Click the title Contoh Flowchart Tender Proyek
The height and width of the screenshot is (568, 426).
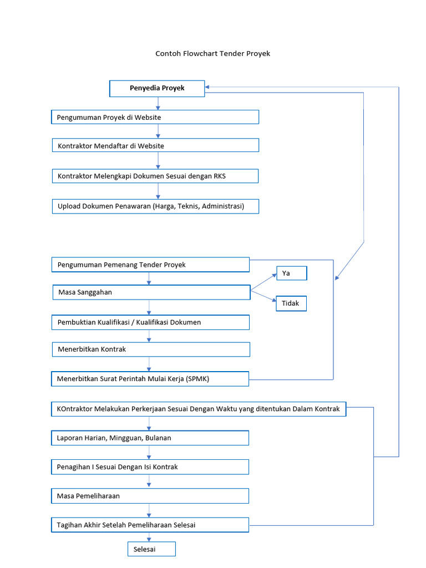(212, 54)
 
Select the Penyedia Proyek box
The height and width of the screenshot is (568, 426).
(157, 88)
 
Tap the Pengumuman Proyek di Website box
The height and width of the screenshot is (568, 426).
(155, 117)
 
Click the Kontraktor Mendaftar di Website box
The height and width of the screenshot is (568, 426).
(155, 145)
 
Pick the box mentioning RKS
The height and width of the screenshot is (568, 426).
(155, 176)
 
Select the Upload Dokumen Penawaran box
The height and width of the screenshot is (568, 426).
(155, 206)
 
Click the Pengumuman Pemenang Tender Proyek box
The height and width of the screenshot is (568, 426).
(150, 265)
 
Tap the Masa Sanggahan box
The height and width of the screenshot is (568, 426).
(151, 292)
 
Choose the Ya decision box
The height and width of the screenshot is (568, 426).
(291, 273)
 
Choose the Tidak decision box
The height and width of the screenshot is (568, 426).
(291, 303)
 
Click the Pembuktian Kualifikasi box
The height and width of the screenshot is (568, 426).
(150, 322)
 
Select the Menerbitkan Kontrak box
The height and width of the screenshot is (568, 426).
(151, 349)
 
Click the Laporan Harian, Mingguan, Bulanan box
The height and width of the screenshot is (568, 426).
(150, 438)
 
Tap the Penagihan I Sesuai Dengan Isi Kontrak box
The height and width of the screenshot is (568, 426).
(150, 467)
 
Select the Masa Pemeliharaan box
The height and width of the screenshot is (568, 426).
(150, 495)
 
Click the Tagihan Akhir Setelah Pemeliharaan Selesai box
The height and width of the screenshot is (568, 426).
(150, 525)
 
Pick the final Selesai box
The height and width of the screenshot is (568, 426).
(152, 549)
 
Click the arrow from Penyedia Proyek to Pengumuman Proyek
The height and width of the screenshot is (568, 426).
(158, 103)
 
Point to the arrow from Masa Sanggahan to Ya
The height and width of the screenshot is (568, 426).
(263, 282)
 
